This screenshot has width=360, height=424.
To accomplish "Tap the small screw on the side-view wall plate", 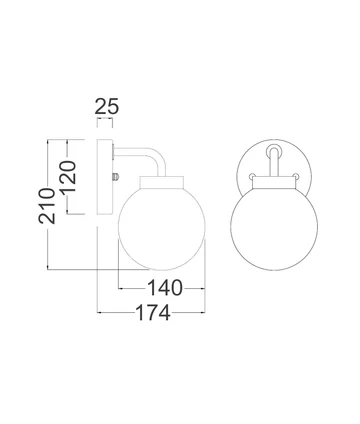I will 117,177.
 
